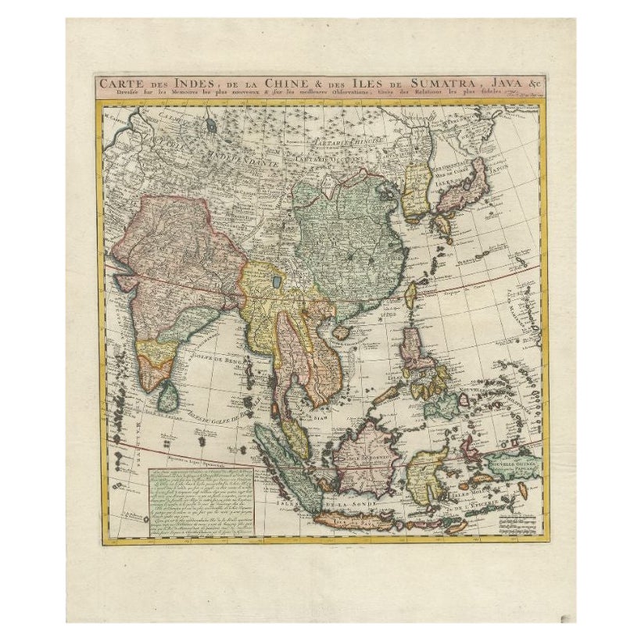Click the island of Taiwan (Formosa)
pos(410,295)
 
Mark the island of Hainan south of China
pos(341,331)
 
